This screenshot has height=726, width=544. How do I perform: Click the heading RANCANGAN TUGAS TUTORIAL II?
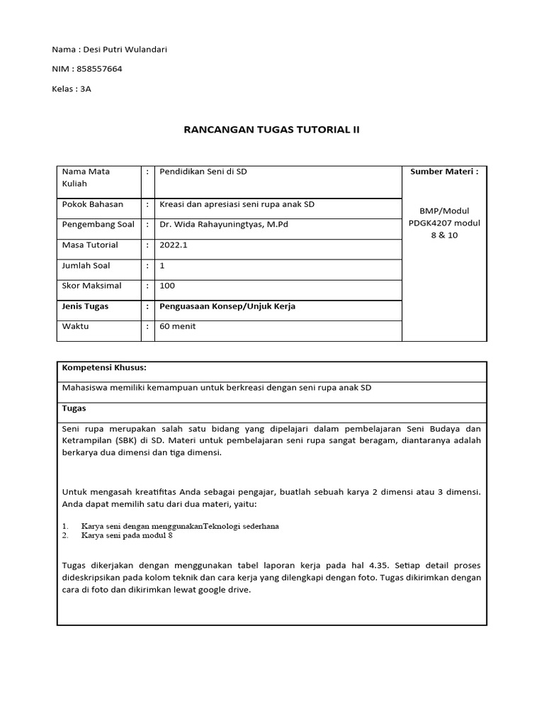click(271, 130)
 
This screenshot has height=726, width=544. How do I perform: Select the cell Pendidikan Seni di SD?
click(203, 172)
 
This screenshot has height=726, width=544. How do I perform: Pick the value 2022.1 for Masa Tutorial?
click(174, 245)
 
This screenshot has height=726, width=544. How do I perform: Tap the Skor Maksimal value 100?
click(167, 286)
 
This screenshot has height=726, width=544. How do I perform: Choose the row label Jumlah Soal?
click(86, 266)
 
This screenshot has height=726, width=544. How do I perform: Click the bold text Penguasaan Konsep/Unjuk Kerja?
click(228, 306)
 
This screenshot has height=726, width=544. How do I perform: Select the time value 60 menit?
click(178, 326)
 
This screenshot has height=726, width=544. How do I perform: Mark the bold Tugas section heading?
click(74, 408)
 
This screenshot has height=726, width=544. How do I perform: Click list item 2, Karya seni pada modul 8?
click(127, 535)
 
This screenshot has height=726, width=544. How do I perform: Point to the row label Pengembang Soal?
click(98, 225)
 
